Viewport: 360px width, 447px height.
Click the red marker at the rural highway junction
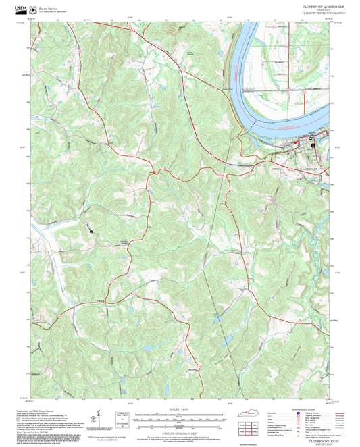(155, 172)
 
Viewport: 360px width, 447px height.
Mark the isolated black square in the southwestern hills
(90, 231)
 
